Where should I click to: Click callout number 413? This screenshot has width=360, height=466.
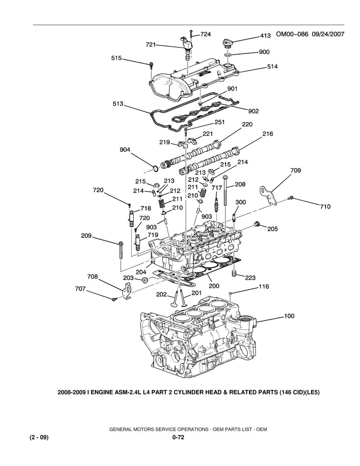(266, 36)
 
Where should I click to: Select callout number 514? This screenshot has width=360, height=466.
(272, 67)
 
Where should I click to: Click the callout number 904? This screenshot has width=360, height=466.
(125, 150)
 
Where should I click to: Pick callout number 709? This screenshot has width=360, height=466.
(296, 171)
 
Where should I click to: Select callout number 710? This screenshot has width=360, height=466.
(326, 207)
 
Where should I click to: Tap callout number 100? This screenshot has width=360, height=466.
(289, 316)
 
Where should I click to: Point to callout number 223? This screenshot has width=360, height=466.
(250, 277)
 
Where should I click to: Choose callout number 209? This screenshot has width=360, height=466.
(86, 236)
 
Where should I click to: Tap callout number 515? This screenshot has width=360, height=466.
(117, 58)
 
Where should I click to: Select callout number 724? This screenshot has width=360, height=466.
(206, 34)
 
